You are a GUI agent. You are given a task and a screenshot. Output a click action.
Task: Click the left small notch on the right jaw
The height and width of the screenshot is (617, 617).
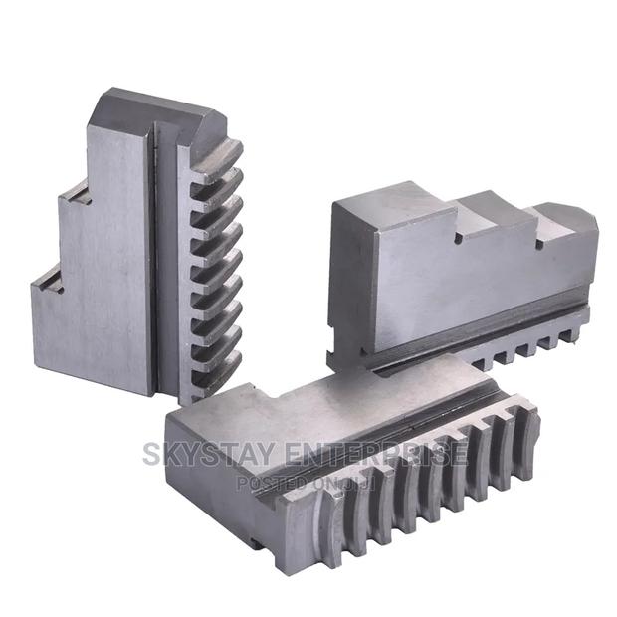point(460,238)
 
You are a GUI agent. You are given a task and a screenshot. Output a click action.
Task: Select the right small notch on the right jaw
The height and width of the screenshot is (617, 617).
point(538,242)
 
